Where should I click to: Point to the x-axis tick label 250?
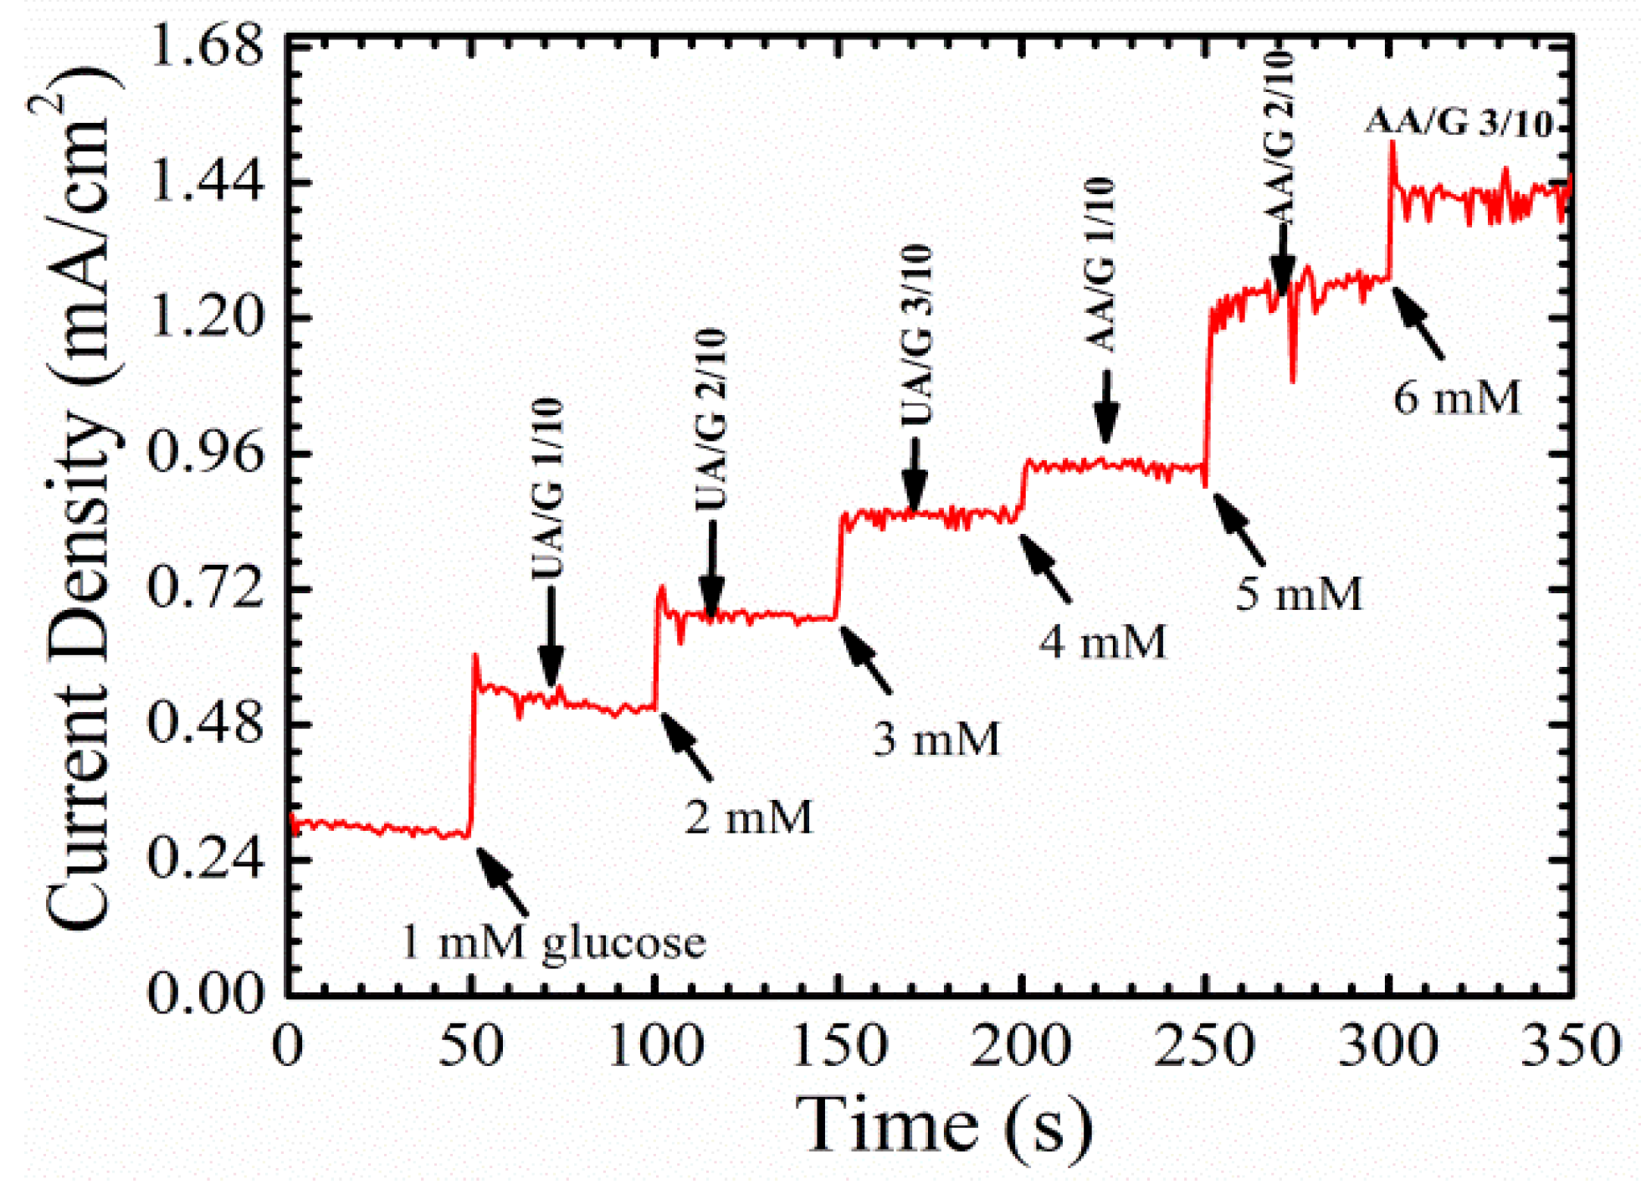pyautogui.click(x=1204, y=1046)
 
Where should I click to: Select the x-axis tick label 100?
pyautogui.click(x=655, y=1046)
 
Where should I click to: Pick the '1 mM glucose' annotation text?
pyautogui.click(x=553, y=941)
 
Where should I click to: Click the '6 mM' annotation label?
pyautogui.click(x=1456, y=397)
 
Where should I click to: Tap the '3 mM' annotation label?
pyautogui.click(x=936, y=739)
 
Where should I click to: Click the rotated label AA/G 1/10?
pyautogui.click(x=1102, y=264)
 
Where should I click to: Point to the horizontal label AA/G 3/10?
pyautogui.click(x=1459, y=123)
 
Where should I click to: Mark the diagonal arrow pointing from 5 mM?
pyautogui.click(x=1239, y=530)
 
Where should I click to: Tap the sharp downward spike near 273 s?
pyautogui.click(x=1293, y=377)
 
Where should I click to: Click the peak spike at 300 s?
pyautogui.click(x=1392, y=146)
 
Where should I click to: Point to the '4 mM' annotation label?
pyautogui.click(x=1102, y=643)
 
